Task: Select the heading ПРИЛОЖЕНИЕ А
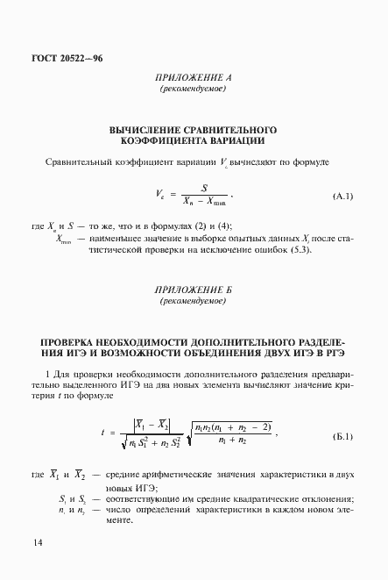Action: pyautogui.click(x=193, y=78)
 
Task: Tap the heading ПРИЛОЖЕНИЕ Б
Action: pyautogui.click(x=193, y=290)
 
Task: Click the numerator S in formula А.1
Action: pyautogui.click(x=203, y=187)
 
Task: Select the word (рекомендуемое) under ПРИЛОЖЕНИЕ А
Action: pyautogui.click(x=193, y=90)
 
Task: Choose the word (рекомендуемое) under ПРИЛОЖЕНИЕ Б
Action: pyautogui.click(x=193, y=301)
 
